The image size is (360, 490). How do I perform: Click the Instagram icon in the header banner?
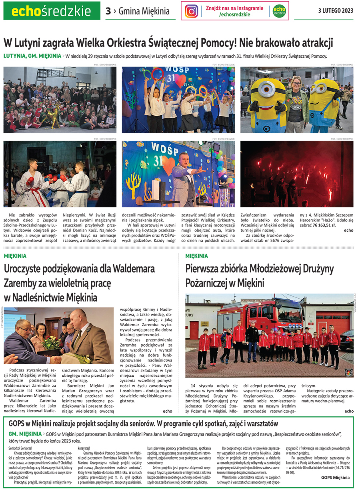click(x=192, y=11)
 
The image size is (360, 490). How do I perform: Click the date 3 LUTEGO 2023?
click(x=336, y=11)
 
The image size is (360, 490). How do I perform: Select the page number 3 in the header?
click(x=108, y=11)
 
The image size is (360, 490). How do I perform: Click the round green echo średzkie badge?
click(x=279, y=11)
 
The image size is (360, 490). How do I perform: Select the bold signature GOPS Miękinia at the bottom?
click(x=335, y=477)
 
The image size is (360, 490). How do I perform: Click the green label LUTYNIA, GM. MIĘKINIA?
click(x=32, y=56)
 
